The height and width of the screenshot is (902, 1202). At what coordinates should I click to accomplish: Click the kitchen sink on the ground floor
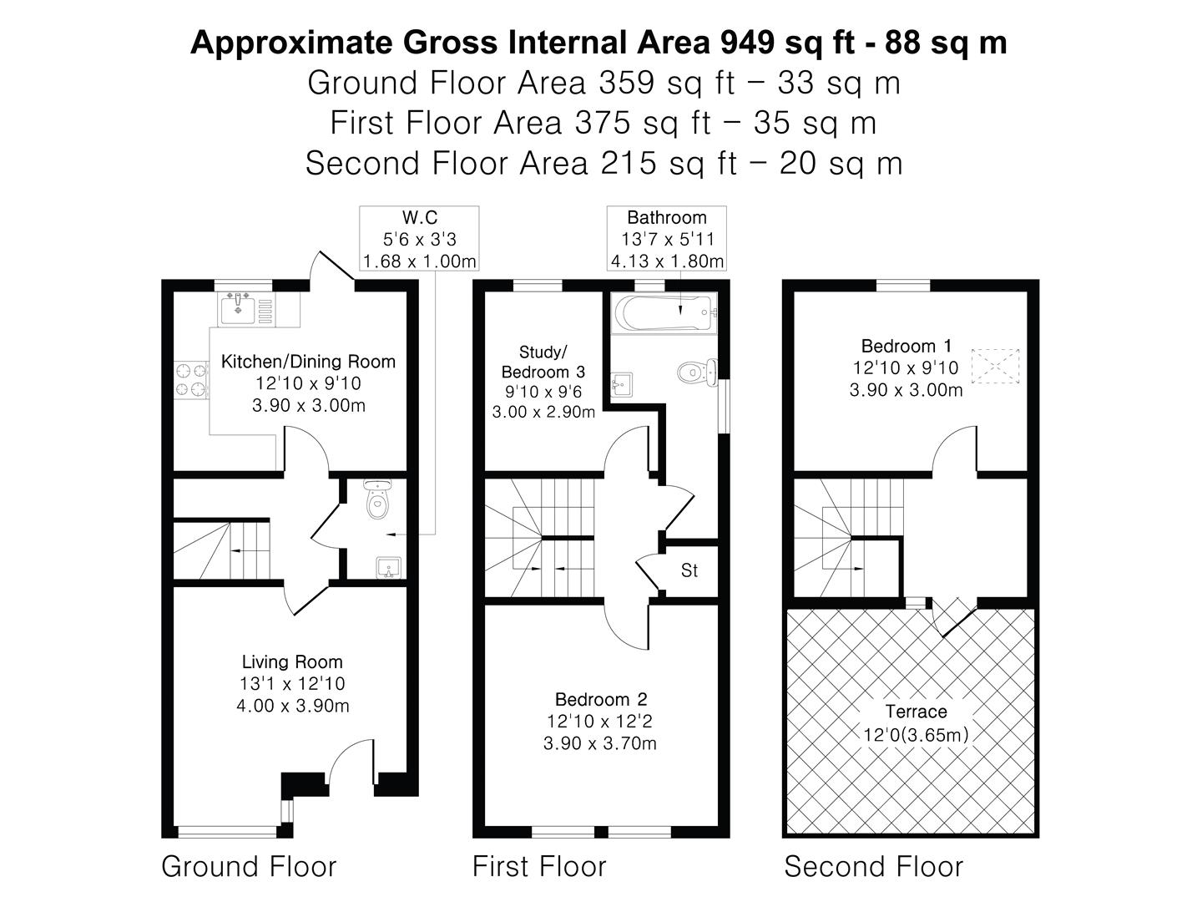pos(240,308)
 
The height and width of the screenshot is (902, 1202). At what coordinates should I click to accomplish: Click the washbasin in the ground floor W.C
pos(387,569)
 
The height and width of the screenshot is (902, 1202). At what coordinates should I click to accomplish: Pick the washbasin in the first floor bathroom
pos(621,385)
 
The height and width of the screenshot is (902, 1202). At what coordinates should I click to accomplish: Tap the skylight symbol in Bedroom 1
pos(996,367)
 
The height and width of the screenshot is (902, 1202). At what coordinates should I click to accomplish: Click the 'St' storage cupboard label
pos(689,571)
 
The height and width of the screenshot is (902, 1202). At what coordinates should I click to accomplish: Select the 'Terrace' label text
pos(916,712)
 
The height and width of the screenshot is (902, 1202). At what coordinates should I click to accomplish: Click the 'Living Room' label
pos(292,662)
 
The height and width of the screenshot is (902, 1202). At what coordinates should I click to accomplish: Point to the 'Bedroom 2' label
pos(601,699)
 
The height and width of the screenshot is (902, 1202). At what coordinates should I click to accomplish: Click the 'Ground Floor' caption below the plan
pos(249,867)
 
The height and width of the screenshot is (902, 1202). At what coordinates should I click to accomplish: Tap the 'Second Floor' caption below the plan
pos(873,867)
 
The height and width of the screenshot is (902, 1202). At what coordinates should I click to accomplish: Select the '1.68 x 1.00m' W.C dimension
pos(419,261)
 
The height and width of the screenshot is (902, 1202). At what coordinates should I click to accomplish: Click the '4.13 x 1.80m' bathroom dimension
pos(667,261)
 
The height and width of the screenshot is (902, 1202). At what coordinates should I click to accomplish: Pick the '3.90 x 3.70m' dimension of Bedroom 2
pos(599,743)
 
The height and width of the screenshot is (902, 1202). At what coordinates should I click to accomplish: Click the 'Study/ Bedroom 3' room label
pos(543,362)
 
